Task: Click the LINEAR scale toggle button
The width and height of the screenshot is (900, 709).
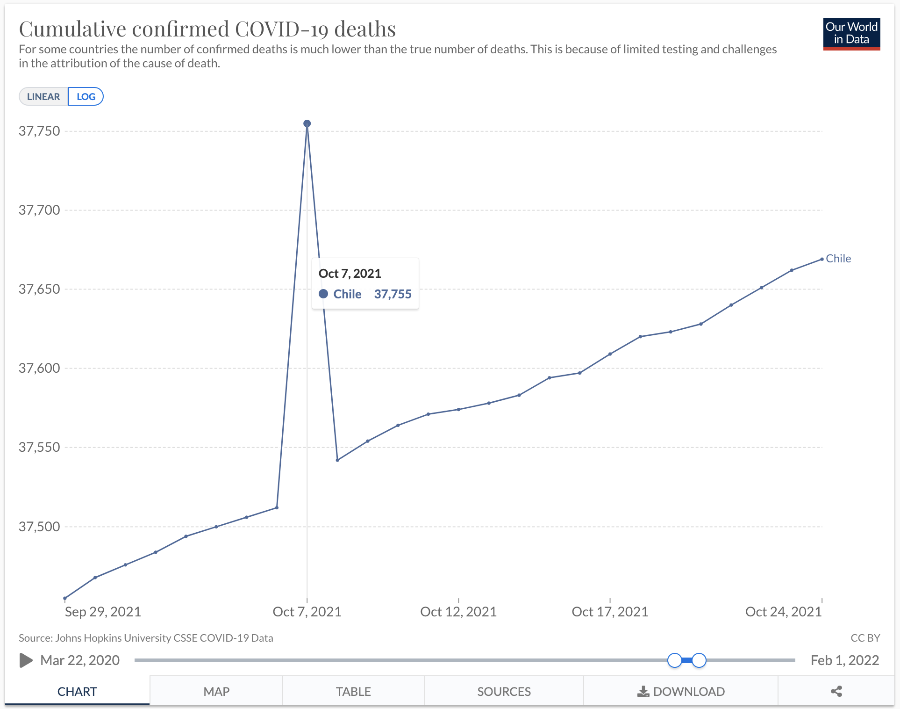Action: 43,96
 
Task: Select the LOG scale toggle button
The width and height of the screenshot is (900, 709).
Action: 86,96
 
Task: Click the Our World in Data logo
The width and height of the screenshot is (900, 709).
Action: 851,34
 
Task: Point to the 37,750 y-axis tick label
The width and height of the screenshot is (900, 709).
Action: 39,131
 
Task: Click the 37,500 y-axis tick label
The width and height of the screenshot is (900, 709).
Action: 39,527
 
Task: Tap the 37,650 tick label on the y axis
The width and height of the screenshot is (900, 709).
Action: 39,289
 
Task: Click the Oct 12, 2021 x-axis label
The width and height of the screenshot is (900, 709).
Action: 458,612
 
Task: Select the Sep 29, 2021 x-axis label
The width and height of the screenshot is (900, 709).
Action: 103,612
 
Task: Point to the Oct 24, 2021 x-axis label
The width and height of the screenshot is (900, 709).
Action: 783,612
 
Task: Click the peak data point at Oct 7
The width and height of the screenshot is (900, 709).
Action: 307,123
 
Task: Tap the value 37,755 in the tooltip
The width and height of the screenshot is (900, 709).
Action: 393,294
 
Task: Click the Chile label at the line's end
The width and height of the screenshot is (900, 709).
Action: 838,259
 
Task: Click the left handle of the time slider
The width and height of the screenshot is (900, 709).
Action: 674,660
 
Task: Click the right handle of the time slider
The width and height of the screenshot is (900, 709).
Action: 699,660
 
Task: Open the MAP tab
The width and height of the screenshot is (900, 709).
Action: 216,691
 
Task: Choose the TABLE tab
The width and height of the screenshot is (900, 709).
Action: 353,691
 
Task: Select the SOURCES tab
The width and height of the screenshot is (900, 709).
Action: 504,691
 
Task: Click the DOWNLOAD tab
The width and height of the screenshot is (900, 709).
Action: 681,691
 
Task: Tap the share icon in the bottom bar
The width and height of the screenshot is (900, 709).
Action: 836,691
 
